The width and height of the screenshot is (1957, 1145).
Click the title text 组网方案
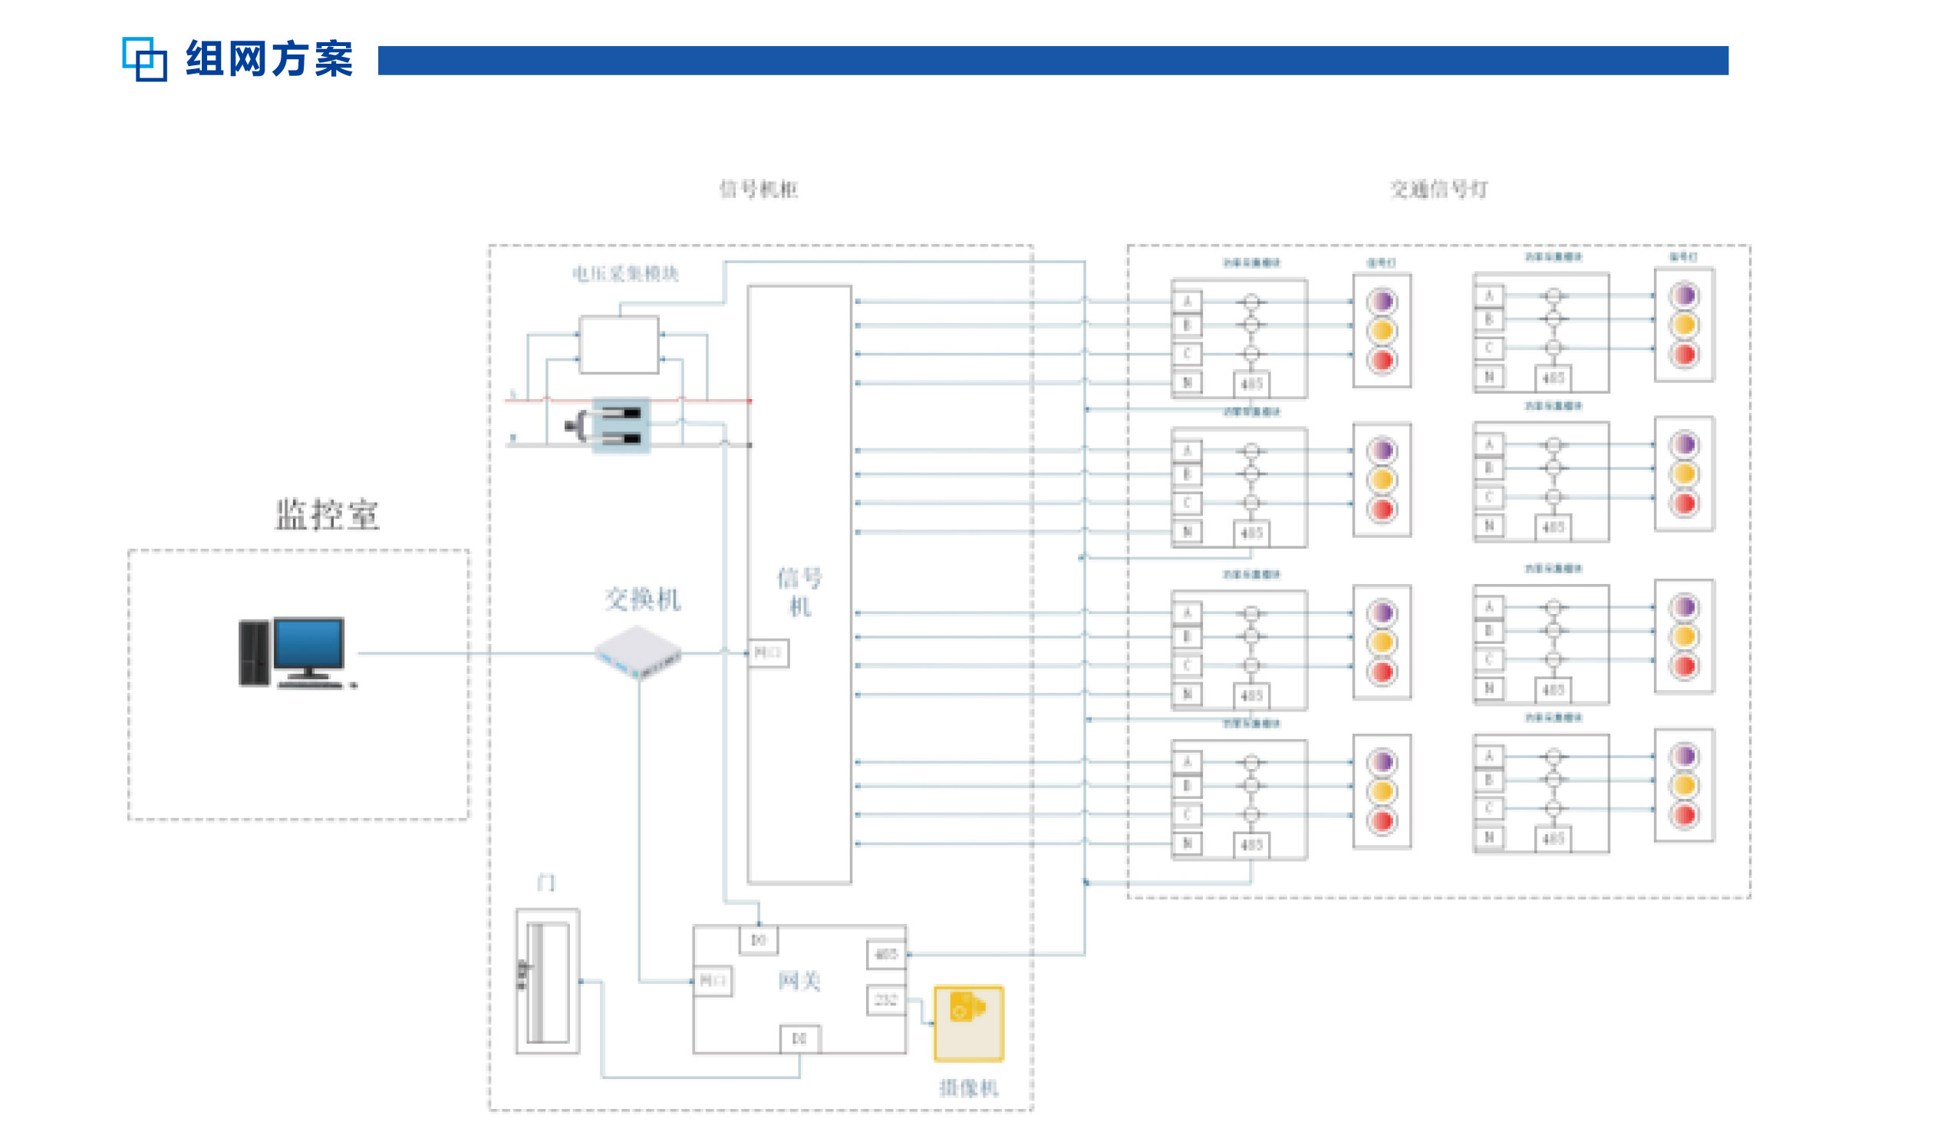coord(269,59)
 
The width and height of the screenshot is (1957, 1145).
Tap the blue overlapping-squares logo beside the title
coord(144,59)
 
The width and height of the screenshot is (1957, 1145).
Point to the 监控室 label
coord(327,515)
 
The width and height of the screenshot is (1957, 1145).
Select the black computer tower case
coord(253,653)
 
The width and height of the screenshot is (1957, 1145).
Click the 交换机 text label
coord(642,599)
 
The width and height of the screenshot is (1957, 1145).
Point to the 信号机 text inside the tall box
coord(799,592)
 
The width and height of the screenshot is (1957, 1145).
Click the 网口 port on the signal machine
coord(768,652)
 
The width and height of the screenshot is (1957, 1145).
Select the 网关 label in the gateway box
coord(799,980)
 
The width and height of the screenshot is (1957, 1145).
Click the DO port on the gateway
coord(759,940)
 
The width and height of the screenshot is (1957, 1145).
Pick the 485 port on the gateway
coord(886,954)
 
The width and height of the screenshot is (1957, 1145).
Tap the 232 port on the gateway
coord(886,1001)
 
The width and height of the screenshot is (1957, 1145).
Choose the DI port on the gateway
coord(799,1038)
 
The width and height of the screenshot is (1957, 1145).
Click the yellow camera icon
coord(968,1023)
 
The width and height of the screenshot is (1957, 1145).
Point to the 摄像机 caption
coord(968,1088)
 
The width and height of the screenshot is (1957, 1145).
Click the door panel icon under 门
coord(548,981)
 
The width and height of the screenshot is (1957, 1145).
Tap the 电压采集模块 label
coord(625,273)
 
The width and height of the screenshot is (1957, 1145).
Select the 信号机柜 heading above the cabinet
coord(759,189)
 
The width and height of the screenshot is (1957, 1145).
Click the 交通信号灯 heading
coord(1438,189)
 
